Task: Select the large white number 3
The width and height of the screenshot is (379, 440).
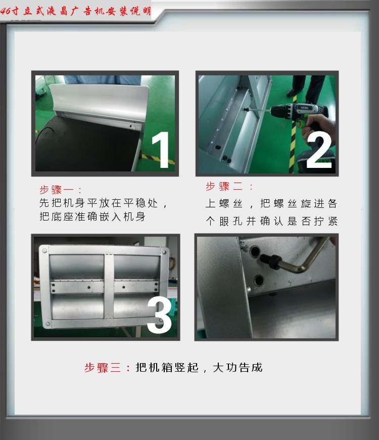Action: [x=159, y=315]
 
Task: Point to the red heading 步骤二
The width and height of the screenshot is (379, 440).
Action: [x=224, y=186]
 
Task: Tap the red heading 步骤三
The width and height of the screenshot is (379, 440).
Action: [x=103, y=367]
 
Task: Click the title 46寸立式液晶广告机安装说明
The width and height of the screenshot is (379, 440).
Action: [x=76, y=11]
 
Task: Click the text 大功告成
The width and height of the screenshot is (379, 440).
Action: [x=238, y=367]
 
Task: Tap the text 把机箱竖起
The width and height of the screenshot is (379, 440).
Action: [x=167, y=367]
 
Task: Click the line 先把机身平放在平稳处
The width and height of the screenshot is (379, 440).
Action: [x=99, y=203]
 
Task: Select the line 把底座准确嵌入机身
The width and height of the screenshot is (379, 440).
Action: [x=92, y=216]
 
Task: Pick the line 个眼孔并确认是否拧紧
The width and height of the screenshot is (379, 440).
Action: [x=272, y=221]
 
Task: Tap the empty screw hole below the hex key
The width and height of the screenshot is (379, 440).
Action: [x=259, y=280]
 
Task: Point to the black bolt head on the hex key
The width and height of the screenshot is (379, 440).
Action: [x=270, y=261]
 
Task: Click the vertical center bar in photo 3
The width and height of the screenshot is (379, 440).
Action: [x=109, y=286]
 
